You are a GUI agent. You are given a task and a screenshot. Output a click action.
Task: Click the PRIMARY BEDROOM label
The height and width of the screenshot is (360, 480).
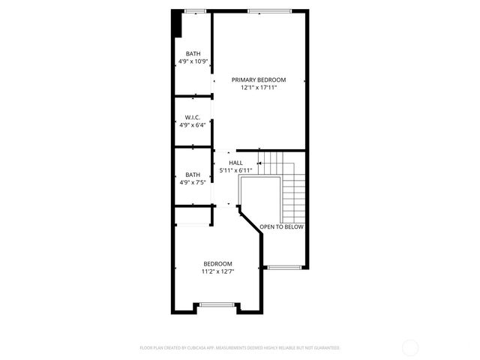pyautogui.click(x=259, y=79)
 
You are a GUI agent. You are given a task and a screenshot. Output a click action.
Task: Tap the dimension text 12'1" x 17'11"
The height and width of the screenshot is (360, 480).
pyautogui.click(x=259, y=88)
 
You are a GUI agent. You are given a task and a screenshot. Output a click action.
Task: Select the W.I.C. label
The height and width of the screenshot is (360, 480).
pyautogui.click(x=193, y=117)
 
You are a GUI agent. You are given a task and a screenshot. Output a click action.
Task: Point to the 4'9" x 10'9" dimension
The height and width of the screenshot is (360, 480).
pyautogui.click(x=193, y=61)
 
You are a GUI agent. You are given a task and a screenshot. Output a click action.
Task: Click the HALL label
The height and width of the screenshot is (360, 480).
pyautogui.click(x=235, y=163)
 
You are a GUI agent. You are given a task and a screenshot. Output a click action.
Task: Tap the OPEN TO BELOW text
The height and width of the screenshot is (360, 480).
pyautogui.click(x=282, y=226)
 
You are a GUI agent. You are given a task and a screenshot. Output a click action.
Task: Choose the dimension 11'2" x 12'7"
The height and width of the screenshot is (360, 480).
pyautogui.click(x=217, y=271)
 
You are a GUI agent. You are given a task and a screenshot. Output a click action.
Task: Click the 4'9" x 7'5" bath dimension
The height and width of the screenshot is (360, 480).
pyautogui.click(x=193, y=182)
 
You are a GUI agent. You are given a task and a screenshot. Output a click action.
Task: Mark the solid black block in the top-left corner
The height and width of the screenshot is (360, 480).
pyautogui.click(x=177, y=23)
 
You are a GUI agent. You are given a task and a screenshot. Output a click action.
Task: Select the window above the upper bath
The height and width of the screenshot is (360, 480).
pyautogui.click(x=195, y=10)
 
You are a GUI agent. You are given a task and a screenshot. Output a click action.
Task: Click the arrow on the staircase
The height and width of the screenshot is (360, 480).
pyautogui.click(x=259, y=163)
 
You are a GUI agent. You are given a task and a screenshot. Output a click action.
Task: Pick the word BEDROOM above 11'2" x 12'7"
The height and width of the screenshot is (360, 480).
pyautogui.click(x=217, y=263)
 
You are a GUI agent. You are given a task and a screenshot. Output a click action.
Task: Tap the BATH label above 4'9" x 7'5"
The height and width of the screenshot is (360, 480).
pyautogui.click(x=193, y=175)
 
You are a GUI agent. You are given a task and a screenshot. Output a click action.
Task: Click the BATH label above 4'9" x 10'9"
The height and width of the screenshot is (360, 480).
pyautogui.click(x=193, y=53)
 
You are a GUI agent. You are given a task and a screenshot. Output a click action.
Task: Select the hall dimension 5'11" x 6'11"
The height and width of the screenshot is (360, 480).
pyautogui.click(x=235, y=170)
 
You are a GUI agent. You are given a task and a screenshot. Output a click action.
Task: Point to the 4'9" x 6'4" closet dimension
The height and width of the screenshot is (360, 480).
pyautogui.click(x=193, y=125)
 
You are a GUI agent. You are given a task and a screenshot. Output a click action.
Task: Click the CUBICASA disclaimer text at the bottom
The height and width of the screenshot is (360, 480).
pyautogui.click(x=240, y=348)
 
